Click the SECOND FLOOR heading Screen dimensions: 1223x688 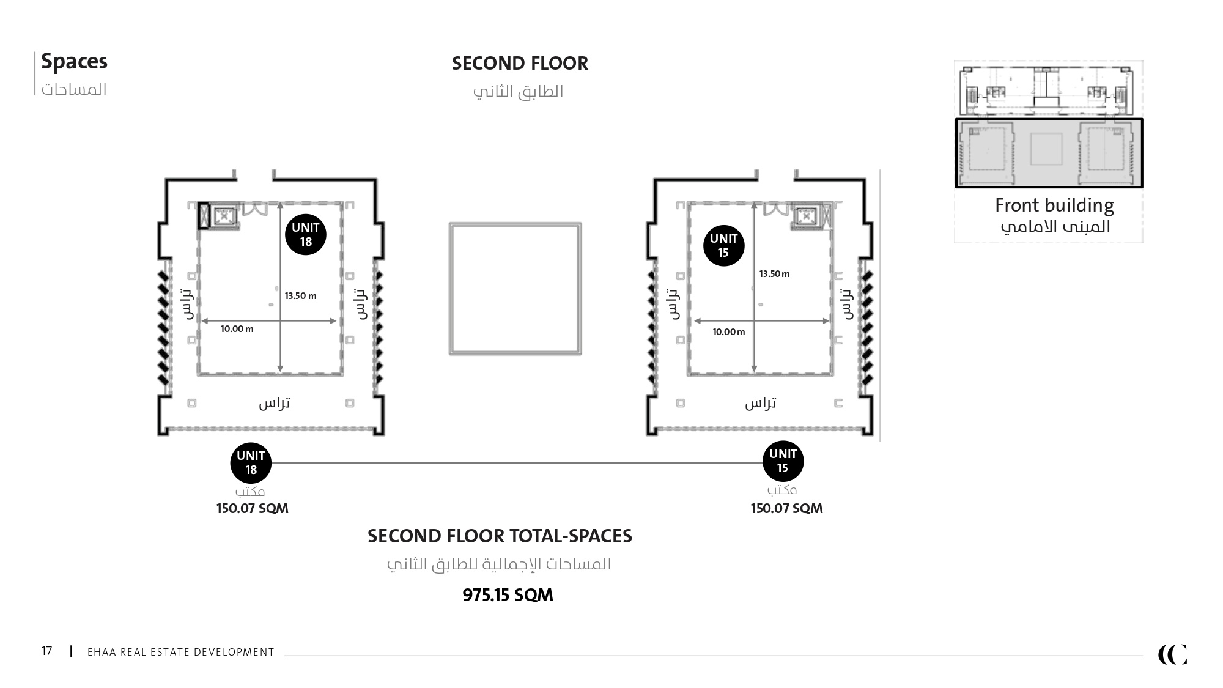click(x=520, y=64)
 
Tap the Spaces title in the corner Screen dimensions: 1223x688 click(x=74, y=62)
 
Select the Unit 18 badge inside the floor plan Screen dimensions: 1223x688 click(x=306, y=235)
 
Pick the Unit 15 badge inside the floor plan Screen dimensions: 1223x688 click(x=723, y=246)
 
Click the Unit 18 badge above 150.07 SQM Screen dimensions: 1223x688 click(x=251, y=463)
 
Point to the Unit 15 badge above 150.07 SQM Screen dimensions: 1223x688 click(x=783, y=461)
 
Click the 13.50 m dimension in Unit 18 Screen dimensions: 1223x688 click(x=300, y=296)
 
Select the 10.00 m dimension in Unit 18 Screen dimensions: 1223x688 click(x=237, y=329)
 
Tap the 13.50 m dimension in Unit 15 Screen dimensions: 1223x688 click(x=774, y=274)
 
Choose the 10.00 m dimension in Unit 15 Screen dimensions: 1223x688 click(x=729, y=332)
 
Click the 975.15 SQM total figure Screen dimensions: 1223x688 click(x=508, y=595)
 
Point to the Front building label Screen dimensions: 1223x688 click(x=1054, y=205)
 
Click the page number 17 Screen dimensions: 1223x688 click(x=47, y=651)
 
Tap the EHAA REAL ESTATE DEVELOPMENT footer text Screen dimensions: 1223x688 click(x=181, y=652)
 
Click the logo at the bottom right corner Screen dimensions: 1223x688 click(x=1172, y=654)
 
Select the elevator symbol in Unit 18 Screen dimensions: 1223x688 click(x=224, y=216)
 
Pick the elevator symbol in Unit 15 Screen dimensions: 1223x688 click(x=806, y=216)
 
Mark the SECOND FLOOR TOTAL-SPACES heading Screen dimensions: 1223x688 click(x=500, y=536)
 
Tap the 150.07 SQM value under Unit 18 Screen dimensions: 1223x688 click(x=252, y=509)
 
